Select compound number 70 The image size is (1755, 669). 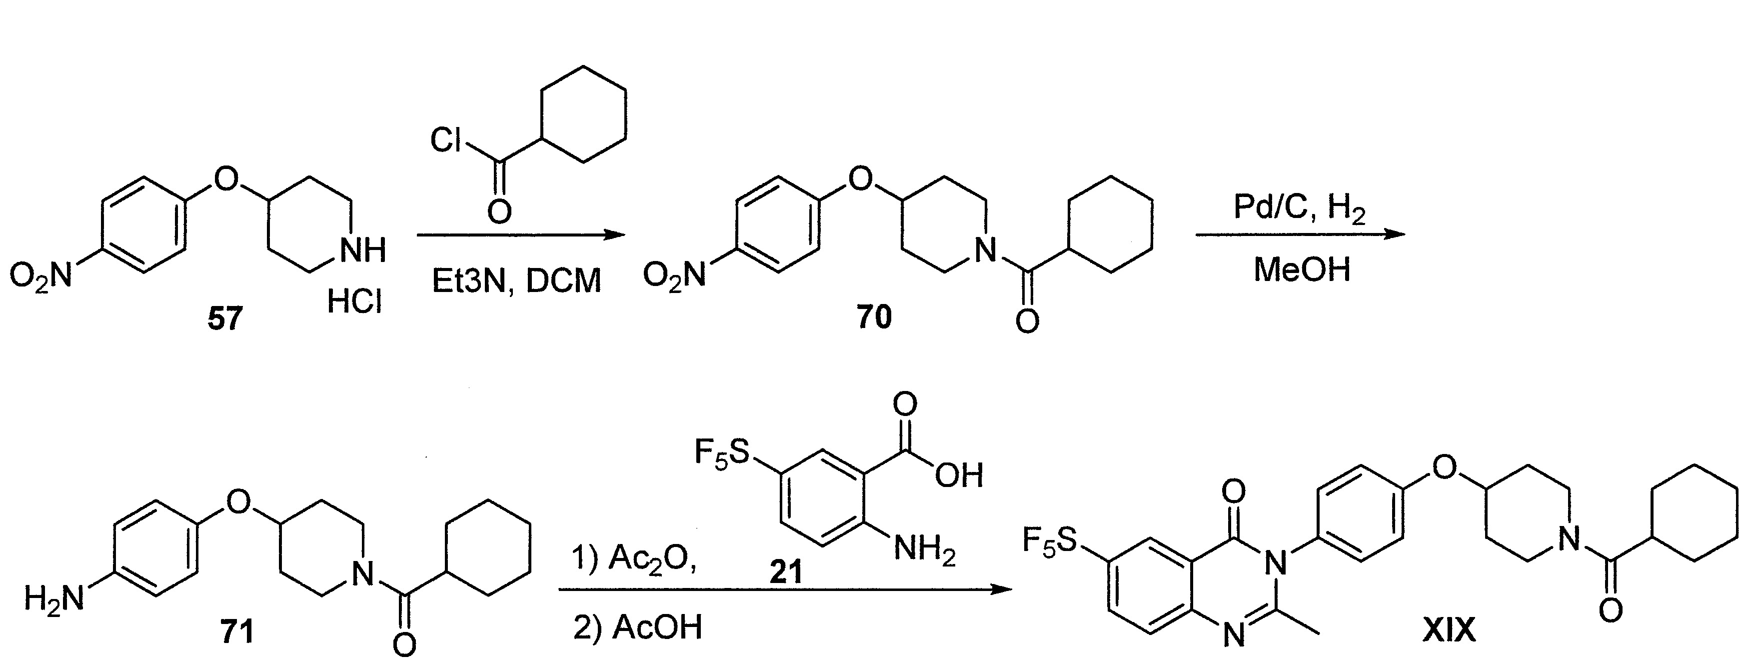[x=874, y=317]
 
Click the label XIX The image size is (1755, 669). [x=1449, y=631]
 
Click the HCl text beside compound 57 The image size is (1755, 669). [x=354, y=300]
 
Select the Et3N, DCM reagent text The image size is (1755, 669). [x=517, y=280]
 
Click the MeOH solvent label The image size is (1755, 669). [x=1302, y=270]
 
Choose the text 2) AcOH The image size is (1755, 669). [x=637, y=627]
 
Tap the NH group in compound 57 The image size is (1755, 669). [x=362, y=250]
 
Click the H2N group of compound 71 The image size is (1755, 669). [x=54, y=599]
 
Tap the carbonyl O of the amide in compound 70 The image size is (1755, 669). [x=1027, y=319]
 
